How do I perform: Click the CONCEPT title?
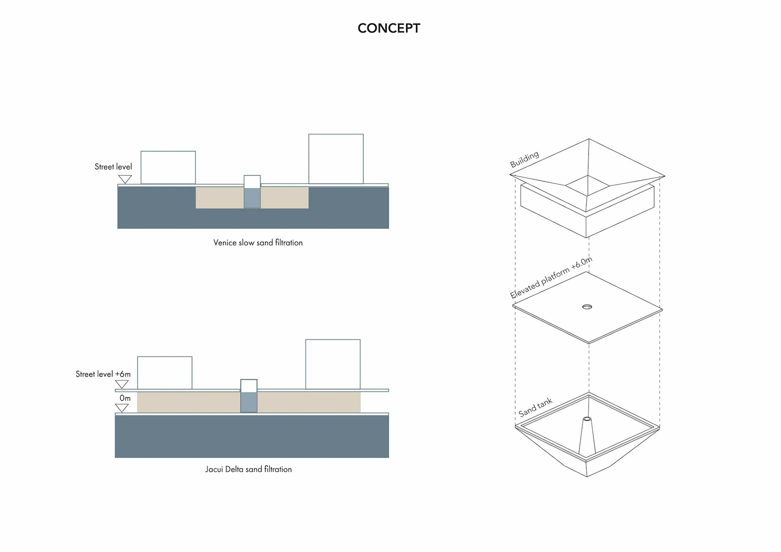388,28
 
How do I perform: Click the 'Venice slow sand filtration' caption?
258,243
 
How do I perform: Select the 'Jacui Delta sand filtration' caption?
248,469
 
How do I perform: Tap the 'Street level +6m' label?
103,374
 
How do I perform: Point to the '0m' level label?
125,398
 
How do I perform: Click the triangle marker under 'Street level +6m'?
122,384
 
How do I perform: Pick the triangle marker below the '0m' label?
122,408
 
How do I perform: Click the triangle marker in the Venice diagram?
125,179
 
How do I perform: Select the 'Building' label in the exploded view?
524,159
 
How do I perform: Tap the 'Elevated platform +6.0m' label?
551,278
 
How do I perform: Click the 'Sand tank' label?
535,407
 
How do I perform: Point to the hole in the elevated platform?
587,307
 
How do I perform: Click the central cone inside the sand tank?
587,437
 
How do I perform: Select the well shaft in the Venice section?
252,192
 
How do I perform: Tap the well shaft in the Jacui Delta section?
249,396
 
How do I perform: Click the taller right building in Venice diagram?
336,159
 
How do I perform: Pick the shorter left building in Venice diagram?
168,168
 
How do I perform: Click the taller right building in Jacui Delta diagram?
333,364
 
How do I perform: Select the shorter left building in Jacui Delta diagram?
165,373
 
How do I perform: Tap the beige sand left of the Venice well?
220,198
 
